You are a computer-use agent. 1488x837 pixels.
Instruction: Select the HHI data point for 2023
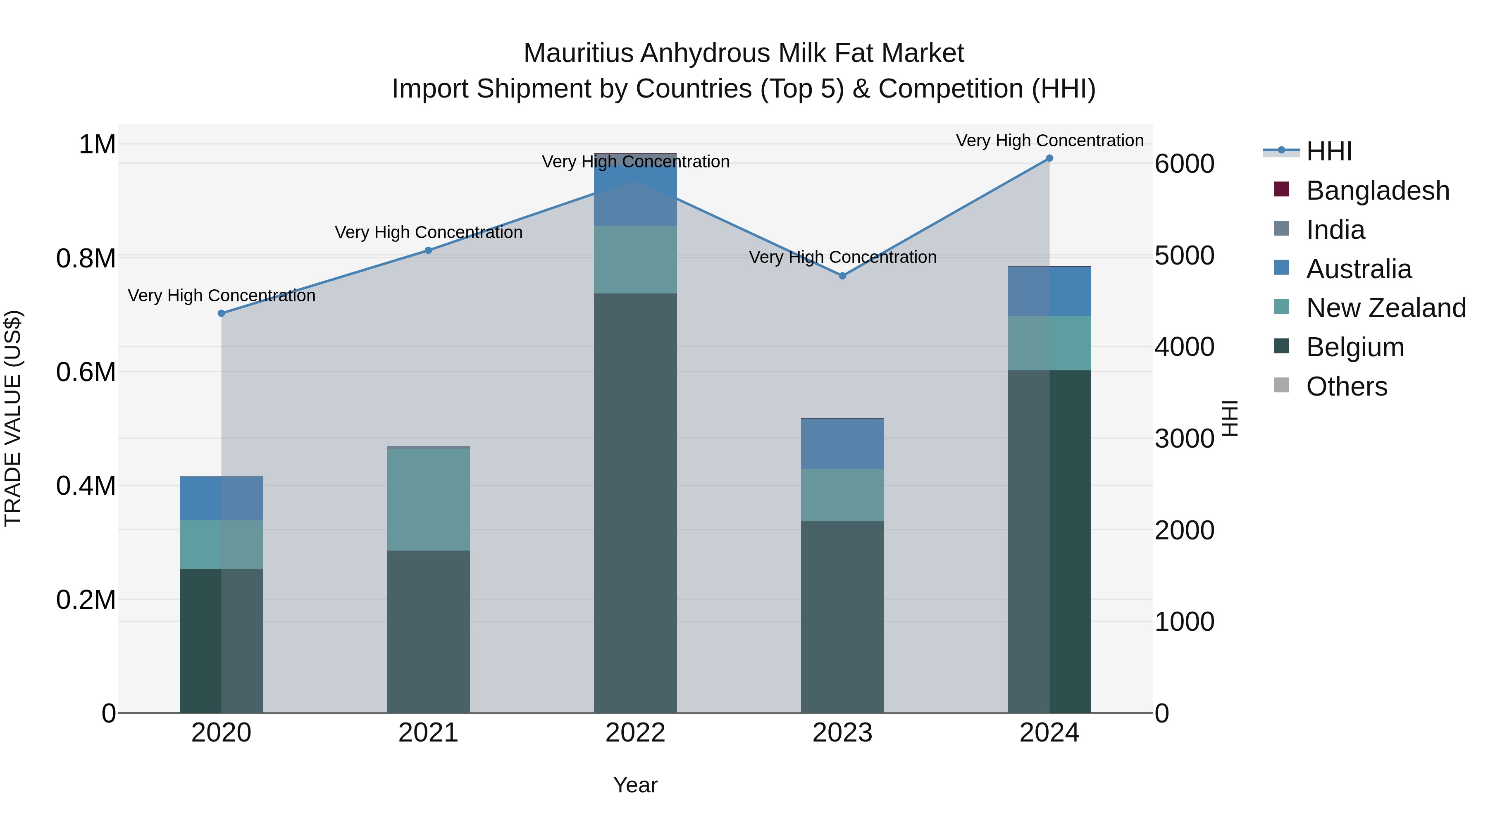tap(843, 276)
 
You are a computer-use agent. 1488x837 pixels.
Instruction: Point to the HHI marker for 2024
tap(1049, 158)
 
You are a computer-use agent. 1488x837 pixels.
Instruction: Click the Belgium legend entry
tap(1354, 348)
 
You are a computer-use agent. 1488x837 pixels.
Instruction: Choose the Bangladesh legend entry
tap(1377, 191)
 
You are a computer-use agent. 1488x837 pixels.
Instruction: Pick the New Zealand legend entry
tap(1386, 308)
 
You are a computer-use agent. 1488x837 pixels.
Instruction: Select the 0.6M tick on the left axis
tap(86, 372)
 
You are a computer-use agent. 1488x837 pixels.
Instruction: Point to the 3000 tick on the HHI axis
tap(1184, 439)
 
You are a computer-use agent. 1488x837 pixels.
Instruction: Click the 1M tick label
tap(97, 144)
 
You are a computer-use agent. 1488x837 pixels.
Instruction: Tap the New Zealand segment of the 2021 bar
tap(429, 500)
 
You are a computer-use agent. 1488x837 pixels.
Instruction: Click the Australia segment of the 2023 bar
tap(843, 444)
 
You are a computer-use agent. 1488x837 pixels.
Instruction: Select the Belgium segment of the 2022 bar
tap(635, 503)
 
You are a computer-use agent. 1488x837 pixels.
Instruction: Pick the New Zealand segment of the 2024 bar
tap(1049, 343)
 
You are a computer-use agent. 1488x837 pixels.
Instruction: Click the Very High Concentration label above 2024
tap(1049, 141)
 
